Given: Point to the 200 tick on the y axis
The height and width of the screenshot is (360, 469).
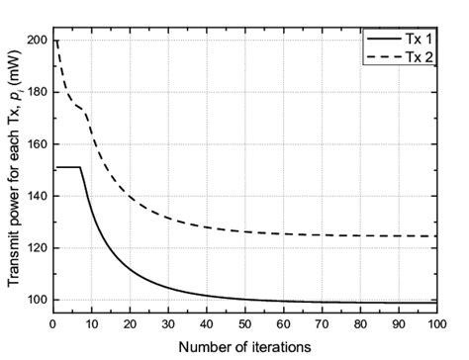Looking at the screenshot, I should (x=37, y=41).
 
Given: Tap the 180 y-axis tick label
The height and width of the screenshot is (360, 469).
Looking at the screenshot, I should (x=37, y=92).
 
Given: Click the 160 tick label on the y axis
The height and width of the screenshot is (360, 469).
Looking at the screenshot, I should (x=37, y=144).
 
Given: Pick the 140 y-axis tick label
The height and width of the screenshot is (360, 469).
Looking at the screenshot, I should (x=37, y=196).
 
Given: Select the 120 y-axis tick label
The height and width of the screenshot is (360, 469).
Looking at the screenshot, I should (x=37, y=247).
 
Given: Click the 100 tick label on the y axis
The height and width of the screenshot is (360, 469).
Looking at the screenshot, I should (x=37, y=300).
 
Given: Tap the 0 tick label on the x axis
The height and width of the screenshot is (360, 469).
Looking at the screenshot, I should (x=54, y=321).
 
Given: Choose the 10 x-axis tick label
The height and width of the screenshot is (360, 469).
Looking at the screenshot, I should (x=92, y=321).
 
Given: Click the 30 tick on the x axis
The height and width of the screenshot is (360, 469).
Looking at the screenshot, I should (x=169, y=321).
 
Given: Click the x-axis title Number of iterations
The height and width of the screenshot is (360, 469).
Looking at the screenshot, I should (x=246, y=346).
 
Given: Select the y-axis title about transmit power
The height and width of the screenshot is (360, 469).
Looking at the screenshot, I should (x=13, y=173).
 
